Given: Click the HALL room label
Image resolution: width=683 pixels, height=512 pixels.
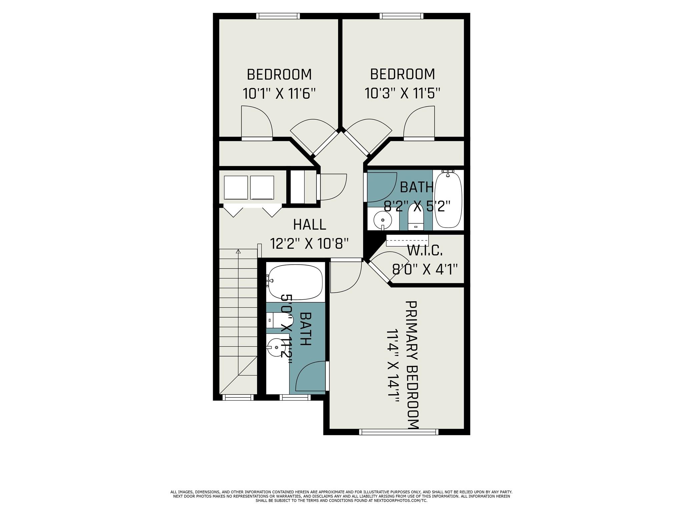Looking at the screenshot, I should point(309,224).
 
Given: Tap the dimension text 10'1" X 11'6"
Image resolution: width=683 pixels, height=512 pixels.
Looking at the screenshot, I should point(279,94).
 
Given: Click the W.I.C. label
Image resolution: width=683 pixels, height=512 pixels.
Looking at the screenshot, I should point(425,250).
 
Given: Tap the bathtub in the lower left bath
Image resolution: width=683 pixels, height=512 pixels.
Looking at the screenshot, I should point(295,282).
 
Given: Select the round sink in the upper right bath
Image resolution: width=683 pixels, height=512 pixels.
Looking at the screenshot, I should point(383,220).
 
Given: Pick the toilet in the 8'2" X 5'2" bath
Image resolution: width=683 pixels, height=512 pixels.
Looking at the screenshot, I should point(415,218).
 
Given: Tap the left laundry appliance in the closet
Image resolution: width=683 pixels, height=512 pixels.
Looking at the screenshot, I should point(236,188).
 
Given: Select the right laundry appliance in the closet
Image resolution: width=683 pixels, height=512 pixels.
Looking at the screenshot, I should point(262,188).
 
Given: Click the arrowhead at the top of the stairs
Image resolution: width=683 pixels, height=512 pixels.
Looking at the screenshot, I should point(238,251).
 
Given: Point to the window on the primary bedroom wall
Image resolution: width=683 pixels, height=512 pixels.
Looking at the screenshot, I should point(399,432).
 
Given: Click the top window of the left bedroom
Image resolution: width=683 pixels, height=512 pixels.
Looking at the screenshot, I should point(278,16).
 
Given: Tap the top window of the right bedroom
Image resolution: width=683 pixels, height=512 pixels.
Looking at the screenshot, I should point(402,16).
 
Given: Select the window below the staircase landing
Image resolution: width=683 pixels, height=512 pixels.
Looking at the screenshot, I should point(238,397).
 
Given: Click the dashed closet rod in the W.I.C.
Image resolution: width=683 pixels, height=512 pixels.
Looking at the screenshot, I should point(407,240).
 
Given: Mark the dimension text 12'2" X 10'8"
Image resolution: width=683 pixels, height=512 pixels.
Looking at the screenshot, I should point(309,243).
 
